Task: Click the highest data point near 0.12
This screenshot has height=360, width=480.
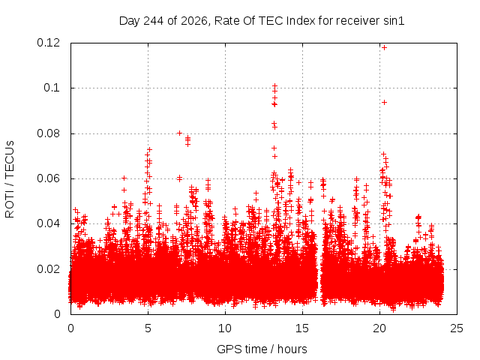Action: coord(384,48)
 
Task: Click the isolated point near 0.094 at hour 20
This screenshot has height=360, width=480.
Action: coord(384,102)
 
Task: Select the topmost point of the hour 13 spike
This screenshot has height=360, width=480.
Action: coord(275,85)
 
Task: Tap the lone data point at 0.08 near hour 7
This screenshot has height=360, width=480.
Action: coord(180,133)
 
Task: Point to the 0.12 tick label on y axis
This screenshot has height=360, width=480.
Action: coord(48,43)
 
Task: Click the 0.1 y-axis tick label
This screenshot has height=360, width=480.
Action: coord(52,88)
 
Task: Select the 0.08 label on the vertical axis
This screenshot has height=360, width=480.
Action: coord(48,133)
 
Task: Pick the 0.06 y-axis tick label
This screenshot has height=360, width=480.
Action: coord(48,178)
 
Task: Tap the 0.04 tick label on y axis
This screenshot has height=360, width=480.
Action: coord(48,223)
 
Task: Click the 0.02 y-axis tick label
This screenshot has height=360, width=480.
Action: coord(48,269)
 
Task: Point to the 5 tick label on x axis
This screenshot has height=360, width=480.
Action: coord(148,328)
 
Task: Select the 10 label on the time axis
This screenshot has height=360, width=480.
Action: coord(225,328)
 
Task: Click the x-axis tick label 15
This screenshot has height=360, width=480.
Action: coord(302,328)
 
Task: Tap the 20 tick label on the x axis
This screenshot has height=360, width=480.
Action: coord(379,328)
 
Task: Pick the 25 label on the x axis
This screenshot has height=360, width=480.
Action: coord(457,328)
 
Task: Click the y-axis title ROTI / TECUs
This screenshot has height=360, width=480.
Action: coord(10,179)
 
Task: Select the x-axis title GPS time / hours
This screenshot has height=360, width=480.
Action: coord(262,349)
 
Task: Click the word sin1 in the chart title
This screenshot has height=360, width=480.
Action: coord(394,21)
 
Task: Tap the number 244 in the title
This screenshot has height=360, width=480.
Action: coord(153,21)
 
